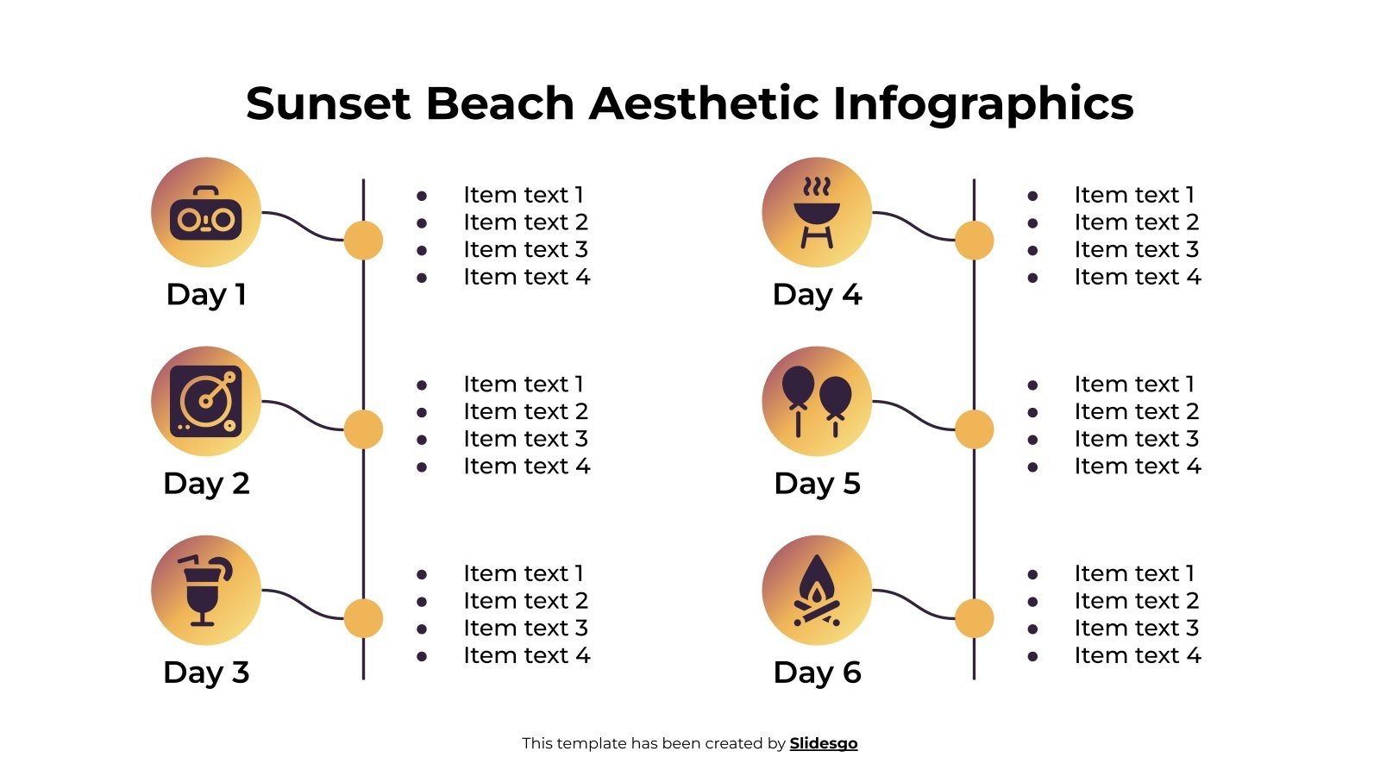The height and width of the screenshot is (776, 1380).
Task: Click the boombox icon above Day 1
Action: coord(205,213)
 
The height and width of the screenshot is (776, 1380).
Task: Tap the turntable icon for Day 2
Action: coord(205,402)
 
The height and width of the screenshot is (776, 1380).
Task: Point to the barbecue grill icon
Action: coord(816,213)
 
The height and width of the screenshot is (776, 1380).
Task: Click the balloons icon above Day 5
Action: coord(816,402)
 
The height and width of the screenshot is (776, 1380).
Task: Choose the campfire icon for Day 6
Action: coord(816,591)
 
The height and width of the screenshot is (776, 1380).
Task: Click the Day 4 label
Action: coord(817,295)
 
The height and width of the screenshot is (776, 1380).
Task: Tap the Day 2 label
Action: coord(206,484)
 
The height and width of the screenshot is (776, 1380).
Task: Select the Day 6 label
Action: coord(817,673)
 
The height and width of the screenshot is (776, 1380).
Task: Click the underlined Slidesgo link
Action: coord(824,743)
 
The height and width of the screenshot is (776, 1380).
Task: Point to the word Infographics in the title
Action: coord(982,103)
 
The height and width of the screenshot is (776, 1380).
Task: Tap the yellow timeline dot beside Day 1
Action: coord(363,240)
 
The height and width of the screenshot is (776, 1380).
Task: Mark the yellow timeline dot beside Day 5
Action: coord(974,429)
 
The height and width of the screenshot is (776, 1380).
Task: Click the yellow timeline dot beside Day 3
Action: coord(363,618)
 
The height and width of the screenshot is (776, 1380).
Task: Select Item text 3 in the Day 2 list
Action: coord(525,439)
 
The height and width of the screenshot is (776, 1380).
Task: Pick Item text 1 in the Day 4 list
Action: coord(1134,195)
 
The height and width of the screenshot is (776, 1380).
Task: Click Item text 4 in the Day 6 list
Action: coord(1137,656)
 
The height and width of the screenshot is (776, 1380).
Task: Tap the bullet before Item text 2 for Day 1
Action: coord(422,223)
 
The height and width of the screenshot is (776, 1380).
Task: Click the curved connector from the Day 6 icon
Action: coord(914,604)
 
